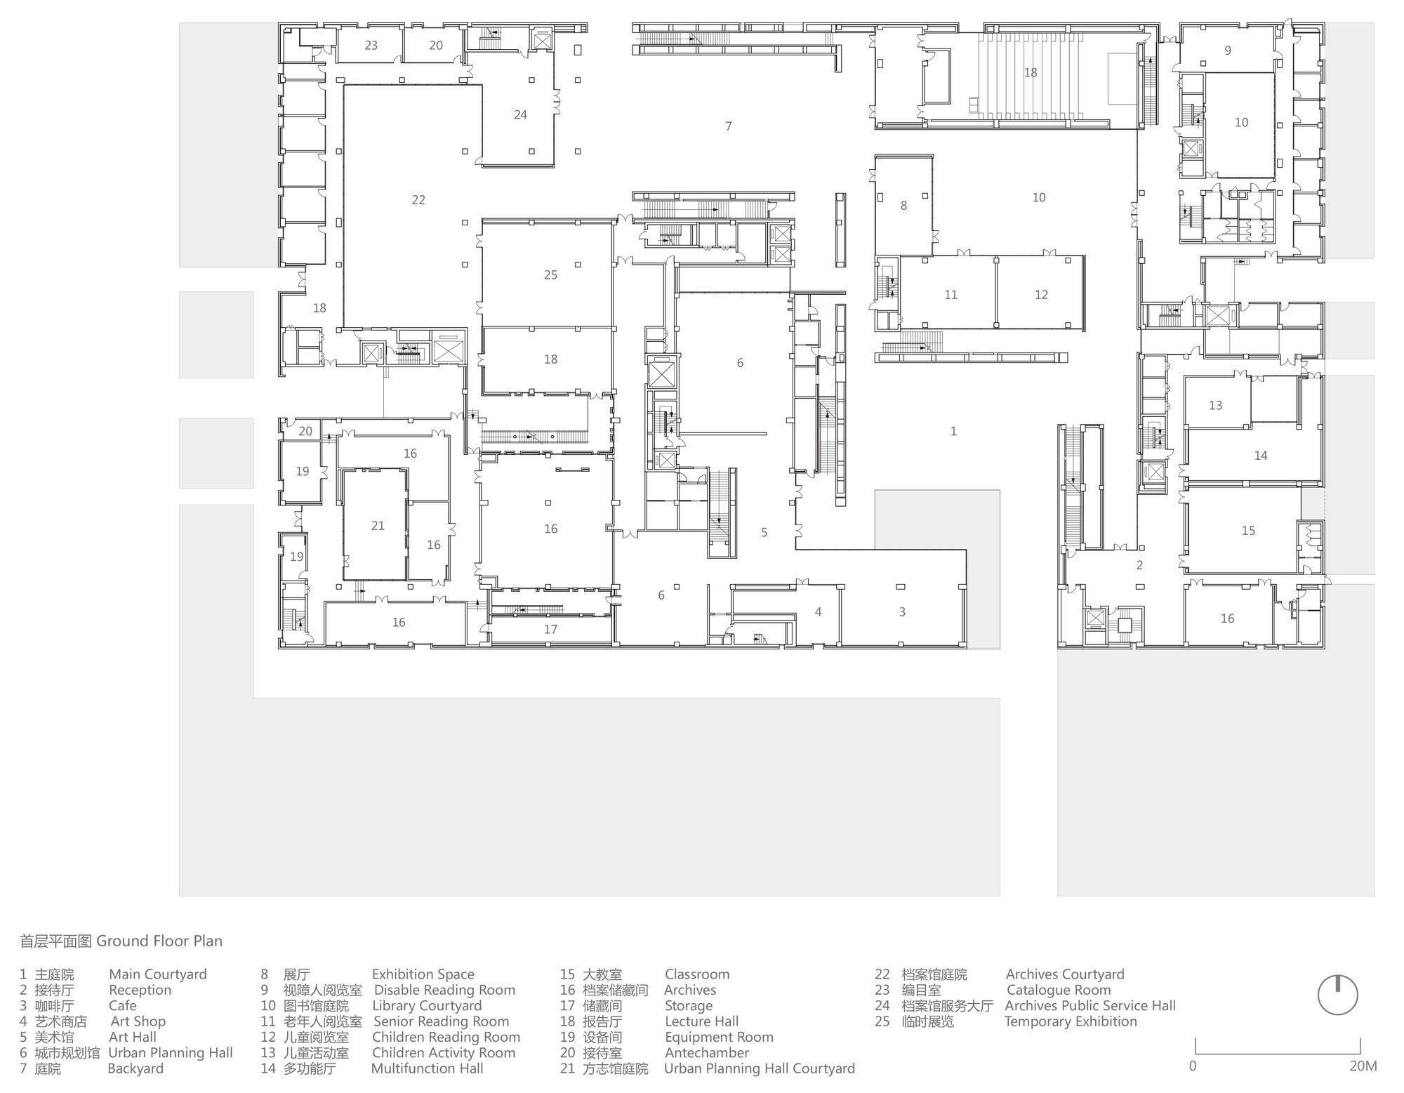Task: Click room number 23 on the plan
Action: pos(371,46)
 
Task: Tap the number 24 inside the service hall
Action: pos(520,115)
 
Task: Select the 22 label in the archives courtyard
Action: pos(418,200)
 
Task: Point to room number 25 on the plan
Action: pos(550,275)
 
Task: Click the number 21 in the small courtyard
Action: pos(378,526)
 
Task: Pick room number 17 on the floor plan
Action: pos(550,630)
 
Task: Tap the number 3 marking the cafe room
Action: pos(902,612)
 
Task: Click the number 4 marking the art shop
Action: pos(818,612)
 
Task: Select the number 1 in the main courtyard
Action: pos(953,432)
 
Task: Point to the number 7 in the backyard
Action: pos(729,126)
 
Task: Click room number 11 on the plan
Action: pos(951,295)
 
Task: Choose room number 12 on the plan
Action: pos(1041,295)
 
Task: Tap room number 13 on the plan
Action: pos(1216,406)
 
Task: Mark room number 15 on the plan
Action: pos(1248,531)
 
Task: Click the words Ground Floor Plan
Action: pos(159,941)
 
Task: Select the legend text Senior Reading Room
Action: pos(441,1021)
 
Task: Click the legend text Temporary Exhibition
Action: pos(1071,1021)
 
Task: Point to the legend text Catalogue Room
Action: pos(1059,990)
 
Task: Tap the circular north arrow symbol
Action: pos(1338,995)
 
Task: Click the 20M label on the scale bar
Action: pos(1363,1066)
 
